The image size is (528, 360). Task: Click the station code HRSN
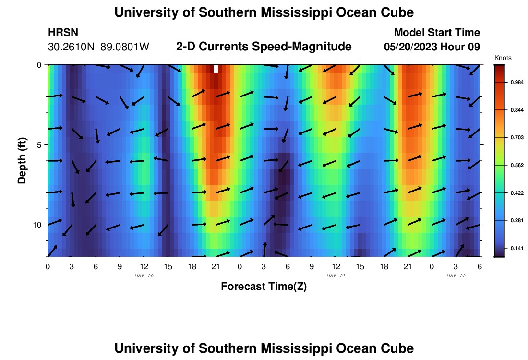[63, 33]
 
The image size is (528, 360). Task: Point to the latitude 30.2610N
[72, 47]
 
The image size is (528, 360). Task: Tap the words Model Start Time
[437, 33]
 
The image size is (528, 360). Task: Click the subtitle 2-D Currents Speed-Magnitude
[264, 47]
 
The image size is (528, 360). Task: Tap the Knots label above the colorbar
[503, 58]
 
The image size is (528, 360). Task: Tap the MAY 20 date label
[144, 276]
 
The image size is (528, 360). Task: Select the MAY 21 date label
[336, 276]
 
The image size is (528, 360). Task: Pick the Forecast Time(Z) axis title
[264, 287]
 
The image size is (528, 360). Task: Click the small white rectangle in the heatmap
[216, 69]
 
